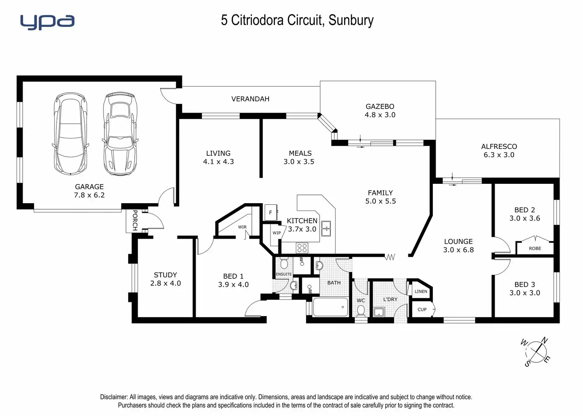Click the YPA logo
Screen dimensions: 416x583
(x=47, y=22)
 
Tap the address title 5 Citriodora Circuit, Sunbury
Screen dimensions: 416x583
(x=297, y=20)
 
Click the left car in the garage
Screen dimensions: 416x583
(x=70, y=134)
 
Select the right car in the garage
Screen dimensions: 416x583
(x=120, y=134)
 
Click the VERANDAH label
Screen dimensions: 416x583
(x=250, y=99)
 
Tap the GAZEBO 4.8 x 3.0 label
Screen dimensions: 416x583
(x=380, y=111)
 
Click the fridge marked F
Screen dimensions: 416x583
(x=271, y=213)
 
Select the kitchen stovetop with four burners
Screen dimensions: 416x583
(x=302, y=248)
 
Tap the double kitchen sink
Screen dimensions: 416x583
(x=326, y=229)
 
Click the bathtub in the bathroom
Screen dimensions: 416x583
(x=330, y=307)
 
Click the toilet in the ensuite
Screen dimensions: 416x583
(x=284, y=263)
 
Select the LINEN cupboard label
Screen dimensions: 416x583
(x=421, y=292)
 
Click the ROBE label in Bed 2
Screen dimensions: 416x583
(x=535, y=248)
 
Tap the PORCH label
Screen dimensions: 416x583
(x=135, y=220)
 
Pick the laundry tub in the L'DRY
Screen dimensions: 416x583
(x=379, y=311)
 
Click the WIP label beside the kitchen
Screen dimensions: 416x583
(x=276, y=233)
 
